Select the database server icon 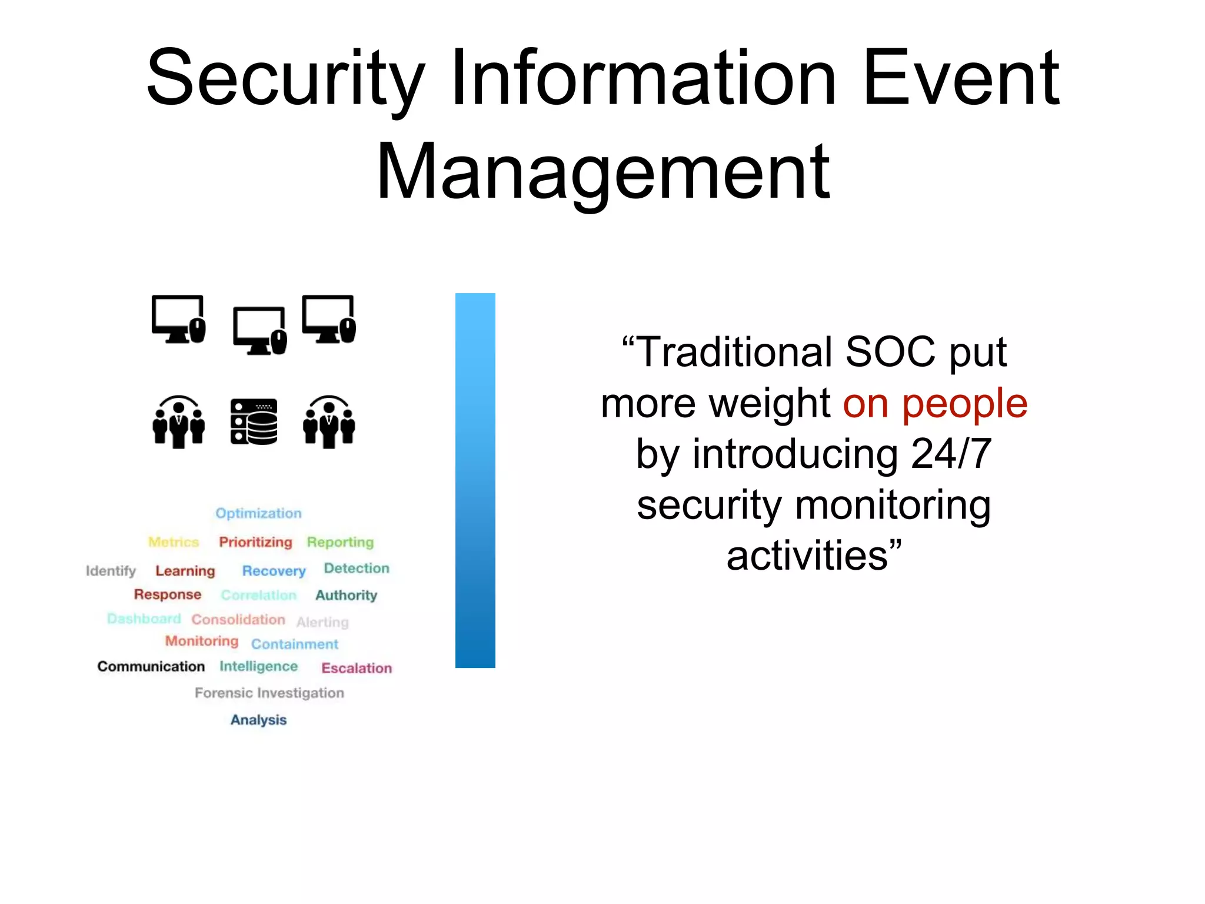pyautogui.click(x=254, y=421)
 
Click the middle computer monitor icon pyautogui.click(x=259, y=330)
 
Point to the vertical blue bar pyautogui.click(x=475, y=480)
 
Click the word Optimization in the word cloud pyautogui.click(x=258, y=513)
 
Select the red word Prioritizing pyautogui.click(x=255, y=542)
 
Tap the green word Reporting pyautogui.click(x=340, y=542)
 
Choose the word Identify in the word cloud pyautogui.click(x=111, y=571)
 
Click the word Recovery pyautogui.click(x=274, y=571)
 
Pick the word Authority pyautogui.click(x=346, y=596)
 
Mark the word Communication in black pyautogui.click(x=151, y=666)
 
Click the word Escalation pyautogui.click(x=357, y=668)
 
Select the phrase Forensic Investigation pyautogui.click(x=269, y=693)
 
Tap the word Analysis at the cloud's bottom pyautogui.click(x=258, y=720)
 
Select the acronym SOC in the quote pyautogui.click(x=890, y=353)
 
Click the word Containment pyautogui.click(x=295, y=644)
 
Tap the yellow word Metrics pyautogui.click(x=174, y=542)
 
